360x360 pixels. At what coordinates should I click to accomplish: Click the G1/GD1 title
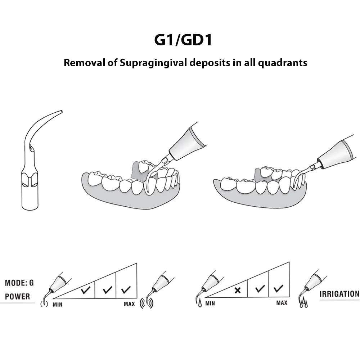pos(183,40)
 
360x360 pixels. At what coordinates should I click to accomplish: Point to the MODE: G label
pos(19,283)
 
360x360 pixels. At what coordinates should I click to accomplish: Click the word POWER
pos(18,297)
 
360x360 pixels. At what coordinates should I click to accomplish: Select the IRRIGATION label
pos(339,294)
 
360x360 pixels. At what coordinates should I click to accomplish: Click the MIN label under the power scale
pos(58,305)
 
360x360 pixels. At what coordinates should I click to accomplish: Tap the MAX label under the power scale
pos(129,304)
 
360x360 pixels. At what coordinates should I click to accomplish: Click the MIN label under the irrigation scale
pos(210,303)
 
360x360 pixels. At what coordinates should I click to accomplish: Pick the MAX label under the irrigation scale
pos(282,303)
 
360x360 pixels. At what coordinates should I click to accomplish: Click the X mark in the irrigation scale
pos(237,290)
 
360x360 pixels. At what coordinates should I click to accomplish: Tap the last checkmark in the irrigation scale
pos(278,288)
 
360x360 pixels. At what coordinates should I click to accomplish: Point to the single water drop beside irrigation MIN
pos(200,304)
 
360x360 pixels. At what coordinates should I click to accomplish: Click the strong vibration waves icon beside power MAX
pos(147,302)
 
